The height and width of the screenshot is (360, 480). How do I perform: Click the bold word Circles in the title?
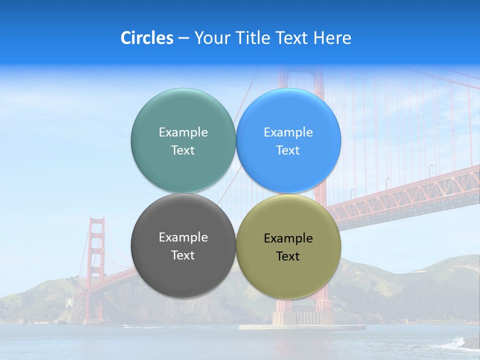pyautogui.click(x=147, y=38)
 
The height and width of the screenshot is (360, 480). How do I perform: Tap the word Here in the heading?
pyautogui.click(x=332, y=38)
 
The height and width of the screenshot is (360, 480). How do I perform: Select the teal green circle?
pyautogui.click(x=183, y=110)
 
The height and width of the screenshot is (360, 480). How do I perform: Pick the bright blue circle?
pyautogui.click(x=288, y=110)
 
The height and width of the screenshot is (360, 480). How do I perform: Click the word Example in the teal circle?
pyautogui.click(x=183, y=132)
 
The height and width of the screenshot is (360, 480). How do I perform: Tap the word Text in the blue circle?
pyautogui.click(x=288, y=150)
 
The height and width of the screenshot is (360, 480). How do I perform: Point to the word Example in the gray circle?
pyautogui.click(x=183, y=237)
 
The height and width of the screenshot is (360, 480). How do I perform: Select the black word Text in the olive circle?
pyautogui.click(x=288, y=256)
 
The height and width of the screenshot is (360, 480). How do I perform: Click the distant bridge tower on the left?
pyautogui.click(x=96, y=250)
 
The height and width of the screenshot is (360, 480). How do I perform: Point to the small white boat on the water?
pyautogui.click(x=125, y=326)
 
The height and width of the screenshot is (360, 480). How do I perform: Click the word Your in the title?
pyautogui.click(x=210, y=38)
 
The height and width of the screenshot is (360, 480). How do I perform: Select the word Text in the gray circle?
pyautogui.click(x=183, y=255)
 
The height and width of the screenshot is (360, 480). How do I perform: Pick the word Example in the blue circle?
pyautogui.click(x=288, y=132)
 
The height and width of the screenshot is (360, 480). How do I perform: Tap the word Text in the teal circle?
pyautogui.click(x=183, y=150)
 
